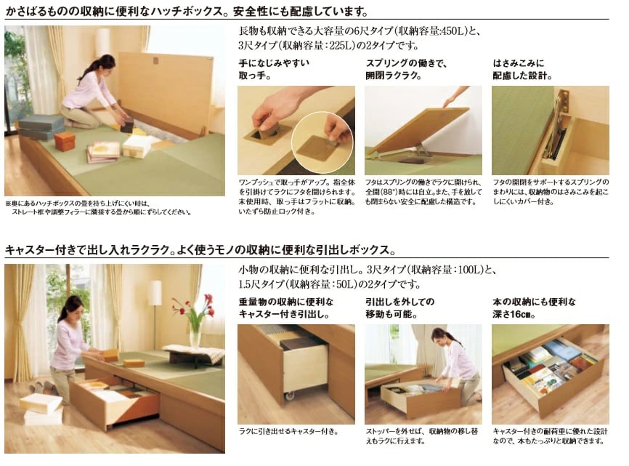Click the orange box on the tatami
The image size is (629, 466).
tap(65, 142)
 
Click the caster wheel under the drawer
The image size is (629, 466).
tap(290, 395)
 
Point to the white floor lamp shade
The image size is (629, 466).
tap(155, 292)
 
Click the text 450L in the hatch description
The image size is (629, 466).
tap(453, 31)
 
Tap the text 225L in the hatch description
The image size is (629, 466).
tap(341, 45)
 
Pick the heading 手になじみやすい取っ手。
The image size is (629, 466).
tap(274, 69)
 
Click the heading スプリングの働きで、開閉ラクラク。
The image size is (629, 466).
tap(406, 69)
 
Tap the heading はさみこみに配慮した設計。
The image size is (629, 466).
tap(522, 69)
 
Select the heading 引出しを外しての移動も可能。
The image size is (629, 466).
tap(399, 308)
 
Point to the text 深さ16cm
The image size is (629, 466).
tap(514, 314)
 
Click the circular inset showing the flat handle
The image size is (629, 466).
tap(322, 137)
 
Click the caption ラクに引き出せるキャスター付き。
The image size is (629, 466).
tap(289, 432)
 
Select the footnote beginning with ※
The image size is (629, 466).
tap(99, 208)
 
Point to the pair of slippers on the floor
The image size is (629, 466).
tap(41, 386)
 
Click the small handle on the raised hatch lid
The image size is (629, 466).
tap(155, 61)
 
